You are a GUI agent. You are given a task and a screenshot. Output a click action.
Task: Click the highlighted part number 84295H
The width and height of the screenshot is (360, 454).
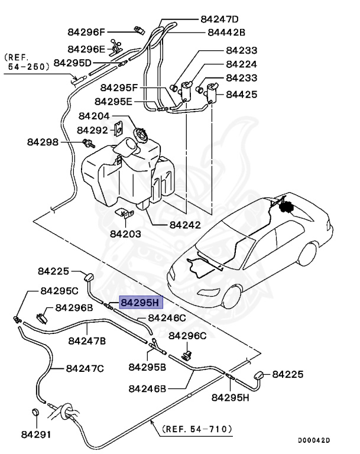point(140,303)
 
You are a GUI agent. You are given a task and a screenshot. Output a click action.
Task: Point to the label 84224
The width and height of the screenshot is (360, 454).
point(241,64)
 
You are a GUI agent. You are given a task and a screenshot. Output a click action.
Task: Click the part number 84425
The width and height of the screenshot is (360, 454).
point(241,93)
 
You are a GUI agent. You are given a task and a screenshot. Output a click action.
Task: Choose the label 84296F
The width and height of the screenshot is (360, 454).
point(86,33)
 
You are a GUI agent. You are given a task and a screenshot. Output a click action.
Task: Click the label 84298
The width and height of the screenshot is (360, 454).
point(43,142)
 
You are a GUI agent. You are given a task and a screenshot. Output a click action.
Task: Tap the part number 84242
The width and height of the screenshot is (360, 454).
point(185,225)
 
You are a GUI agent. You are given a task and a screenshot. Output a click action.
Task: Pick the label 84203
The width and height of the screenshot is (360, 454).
point(125,234)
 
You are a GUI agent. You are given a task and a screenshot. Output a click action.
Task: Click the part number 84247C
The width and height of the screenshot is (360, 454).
point(85,368)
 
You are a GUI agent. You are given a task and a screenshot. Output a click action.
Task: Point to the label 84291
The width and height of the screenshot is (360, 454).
point(37,434)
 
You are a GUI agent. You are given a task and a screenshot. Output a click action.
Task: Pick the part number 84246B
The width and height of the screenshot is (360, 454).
point(148,389)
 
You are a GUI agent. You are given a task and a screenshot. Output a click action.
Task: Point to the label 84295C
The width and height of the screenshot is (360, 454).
point(59,291)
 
